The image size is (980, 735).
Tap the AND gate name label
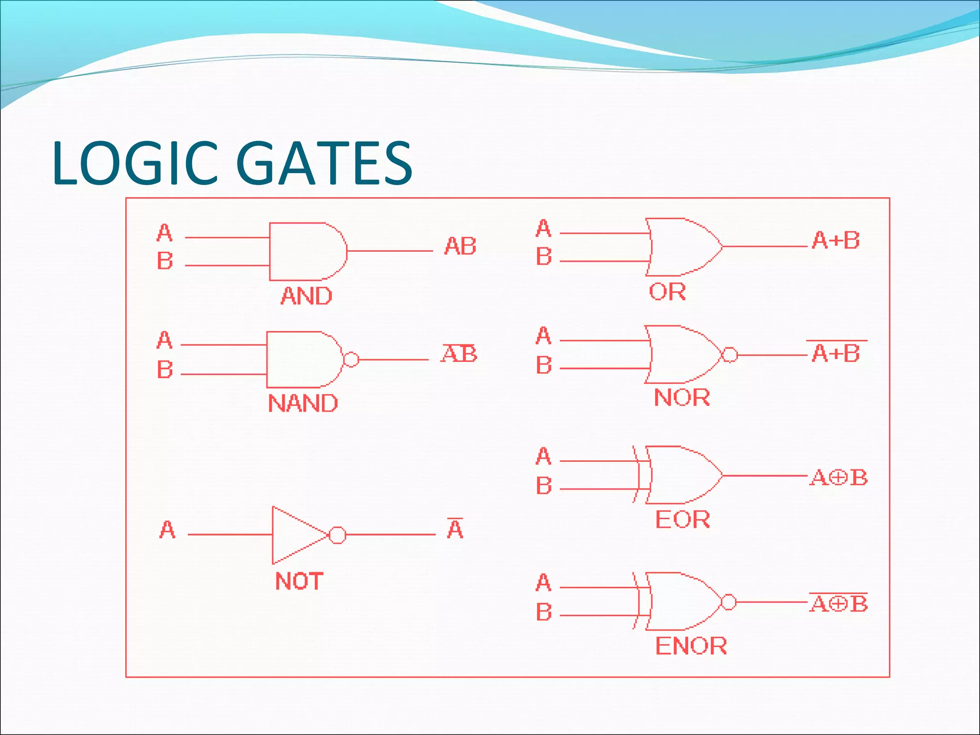(x=306, y=296)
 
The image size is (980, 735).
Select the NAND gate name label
(x=302, y=403)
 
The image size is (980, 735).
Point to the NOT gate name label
(x=299, y=581)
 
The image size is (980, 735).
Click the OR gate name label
(x=667, y=291)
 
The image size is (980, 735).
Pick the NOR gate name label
(x=681, y=397)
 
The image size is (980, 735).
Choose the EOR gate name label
(x=682, y=519)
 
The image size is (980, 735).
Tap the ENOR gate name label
(x=690, y=646)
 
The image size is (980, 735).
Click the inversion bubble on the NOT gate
(x=338, y=535)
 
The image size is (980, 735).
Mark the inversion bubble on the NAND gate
(x=351, y=359)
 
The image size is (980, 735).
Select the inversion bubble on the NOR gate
(x=729, y=355)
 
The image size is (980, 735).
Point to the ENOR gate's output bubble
(x=728, y=602)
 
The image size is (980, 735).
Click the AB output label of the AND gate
(x=460, y=246)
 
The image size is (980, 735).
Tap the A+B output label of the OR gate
(x=835, y=240)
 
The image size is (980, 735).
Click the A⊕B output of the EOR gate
(x=838, y=478)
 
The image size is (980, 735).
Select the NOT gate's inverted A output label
(x=455, y=529)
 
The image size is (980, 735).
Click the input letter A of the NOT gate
(x=167, y=530)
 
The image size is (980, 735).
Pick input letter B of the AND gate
(x=165, y=261)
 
